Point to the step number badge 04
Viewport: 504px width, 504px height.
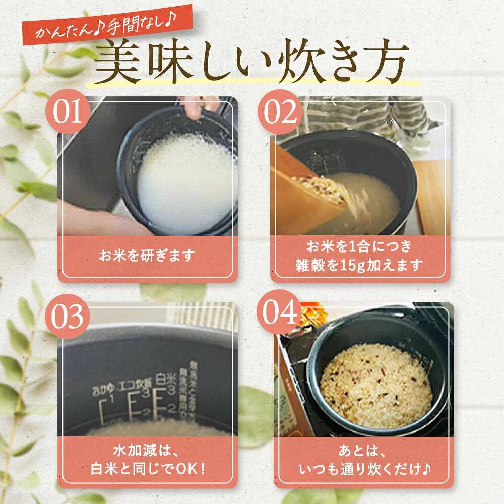pyautogui.click(x=281, y=316)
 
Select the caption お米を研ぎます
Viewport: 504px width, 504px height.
pyautogui.click(x=147, y=256)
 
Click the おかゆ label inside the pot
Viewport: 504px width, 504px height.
pyautogui.click(x=102, y=390)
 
